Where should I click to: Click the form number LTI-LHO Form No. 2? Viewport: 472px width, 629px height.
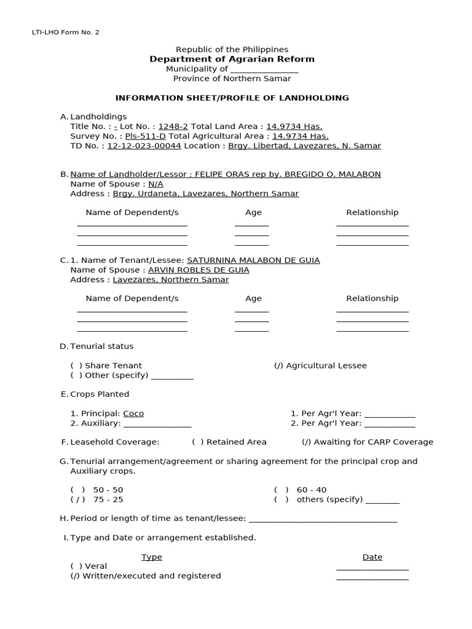tap(65, 32)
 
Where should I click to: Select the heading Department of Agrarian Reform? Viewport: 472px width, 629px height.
tap(232, 59)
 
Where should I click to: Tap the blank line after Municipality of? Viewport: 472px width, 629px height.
tap(264, 69)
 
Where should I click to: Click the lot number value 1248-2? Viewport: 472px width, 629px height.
tap(173, 126)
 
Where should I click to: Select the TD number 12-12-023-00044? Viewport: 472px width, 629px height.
tap(144, 146)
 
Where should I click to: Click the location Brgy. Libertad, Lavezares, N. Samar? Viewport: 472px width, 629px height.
tap(304, 146)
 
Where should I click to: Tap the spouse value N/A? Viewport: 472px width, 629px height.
tap(155, 184)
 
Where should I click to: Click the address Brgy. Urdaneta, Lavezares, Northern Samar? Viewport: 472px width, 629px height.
tap(206, 193)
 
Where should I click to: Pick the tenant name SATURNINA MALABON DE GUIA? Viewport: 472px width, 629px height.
tap(253, 260)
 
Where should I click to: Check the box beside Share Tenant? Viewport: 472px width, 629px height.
tap(76, 365)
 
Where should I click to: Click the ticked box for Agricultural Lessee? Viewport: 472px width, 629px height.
tap(278, 365)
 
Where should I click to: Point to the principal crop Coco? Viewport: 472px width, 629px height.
tap(133, 413)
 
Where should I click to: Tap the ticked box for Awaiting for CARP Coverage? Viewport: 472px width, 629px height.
tap(306, 442)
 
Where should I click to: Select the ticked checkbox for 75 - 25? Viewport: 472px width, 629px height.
tap(77, 499)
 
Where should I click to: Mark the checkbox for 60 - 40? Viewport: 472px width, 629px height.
tap(281, 490)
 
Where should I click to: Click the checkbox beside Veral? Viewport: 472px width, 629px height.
tap(76, 566)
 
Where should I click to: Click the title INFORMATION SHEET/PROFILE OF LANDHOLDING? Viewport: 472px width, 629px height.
tap(232, 98)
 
